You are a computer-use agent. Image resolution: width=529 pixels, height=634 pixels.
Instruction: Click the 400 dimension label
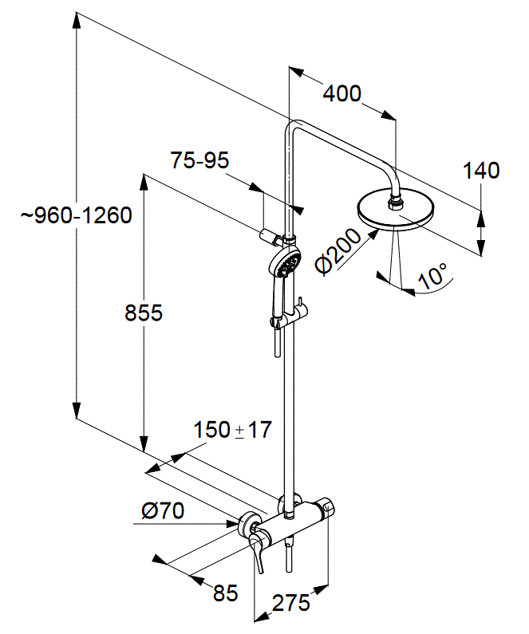[341, 93]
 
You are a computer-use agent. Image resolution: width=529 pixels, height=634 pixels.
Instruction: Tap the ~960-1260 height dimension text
[77, 215]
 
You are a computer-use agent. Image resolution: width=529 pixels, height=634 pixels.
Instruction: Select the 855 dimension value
[143, 313]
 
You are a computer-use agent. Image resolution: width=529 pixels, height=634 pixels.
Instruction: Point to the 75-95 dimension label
[199, 160]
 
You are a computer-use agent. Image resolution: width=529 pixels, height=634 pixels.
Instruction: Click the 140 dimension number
[481, 171]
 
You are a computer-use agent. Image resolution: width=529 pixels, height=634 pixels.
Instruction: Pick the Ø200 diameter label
[338, 251]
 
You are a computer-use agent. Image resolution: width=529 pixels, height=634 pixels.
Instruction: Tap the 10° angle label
[432, 275]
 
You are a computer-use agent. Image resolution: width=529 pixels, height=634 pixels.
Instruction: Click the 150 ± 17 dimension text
[232, 430]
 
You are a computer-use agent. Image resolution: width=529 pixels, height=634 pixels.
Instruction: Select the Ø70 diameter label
[163, 510]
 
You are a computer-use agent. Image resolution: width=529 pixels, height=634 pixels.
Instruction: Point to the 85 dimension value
[226, 593]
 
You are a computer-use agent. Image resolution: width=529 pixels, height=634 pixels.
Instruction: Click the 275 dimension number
[290, 604]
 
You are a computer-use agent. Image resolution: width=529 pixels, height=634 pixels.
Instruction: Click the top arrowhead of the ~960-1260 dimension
[76, 20]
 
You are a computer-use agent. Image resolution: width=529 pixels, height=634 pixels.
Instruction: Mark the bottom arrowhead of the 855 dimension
[144, 444]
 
